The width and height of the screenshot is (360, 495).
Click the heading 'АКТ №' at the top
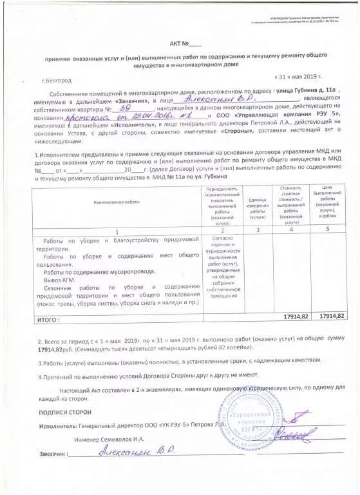tap(185, 44)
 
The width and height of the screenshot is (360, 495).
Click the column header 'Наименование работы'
tap(117, 202)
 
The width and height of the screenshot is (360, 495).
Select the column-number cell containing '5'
tap(327, 229)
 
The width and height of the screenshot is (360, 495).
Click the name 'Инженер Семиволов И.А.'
tap(107, 438)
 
